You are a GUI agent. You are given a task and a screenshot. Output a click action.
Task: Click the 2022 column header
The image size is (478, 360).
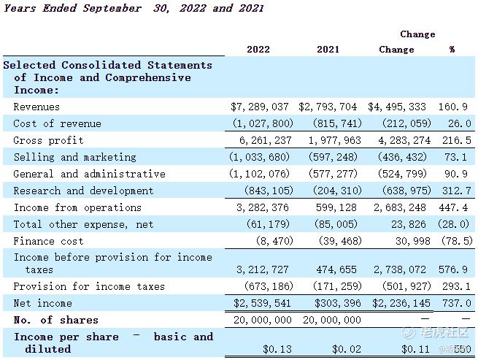(x=258, y=50)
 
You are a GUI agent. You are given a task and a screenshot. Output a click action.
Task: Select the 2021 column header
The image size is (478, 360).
(x=328, y=50)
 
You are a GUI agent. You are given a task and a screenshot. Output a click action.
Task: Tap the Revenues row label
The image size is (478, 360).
(x=36, y=107)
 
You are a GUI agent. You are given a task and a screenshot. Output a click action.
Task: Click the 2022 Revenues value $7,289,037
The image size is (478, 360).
(x=259, y=107)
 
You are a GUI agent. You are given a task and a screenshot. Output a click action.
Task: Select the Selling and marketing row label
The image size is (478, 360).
(x=75, y=157)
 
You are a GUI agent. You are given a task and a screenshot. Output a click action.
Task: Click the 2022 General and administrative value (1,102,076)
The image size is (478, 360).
(x=259, y=174)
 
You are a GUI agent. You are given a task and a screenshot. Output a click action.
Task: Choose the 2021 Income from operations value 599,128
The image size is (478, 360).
(x=336, y=207)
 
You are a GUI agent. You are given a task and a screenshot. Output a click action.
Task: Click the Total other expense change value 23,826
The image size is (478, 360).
(x=409, y=224)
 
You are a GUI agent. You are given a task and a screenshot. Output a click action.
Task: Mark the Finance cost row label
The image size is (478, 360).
(x=48, y=241)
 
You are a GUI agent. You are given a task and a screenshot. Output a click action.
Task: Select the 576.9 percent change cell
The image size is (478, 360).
(x=453, y=269)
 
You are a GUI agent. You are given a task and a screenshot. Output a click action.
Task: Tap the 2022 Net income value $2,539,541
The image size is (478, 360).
(x=262, y=303)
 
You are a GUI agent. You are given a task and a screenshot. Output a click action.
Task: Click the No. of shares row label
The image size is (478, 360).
(x=56, y=320)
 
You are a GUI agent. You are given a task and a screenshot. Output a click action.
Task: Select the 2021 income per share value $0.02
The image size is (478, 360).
(x=347, y=349)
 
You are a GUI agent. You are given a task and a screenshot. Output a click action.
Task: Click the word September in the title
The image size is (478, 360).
(x=112, y=8)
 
